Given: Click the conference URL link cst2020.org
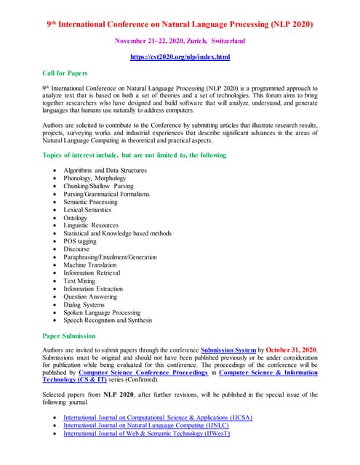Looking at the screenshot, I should (180, 57).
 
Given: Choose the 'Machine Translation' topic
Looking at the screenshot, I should (91, 265).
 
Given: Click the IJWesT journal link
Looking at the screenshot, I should (146, 434).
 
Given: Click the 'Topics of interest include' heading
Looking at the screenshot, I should (135, 155).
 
